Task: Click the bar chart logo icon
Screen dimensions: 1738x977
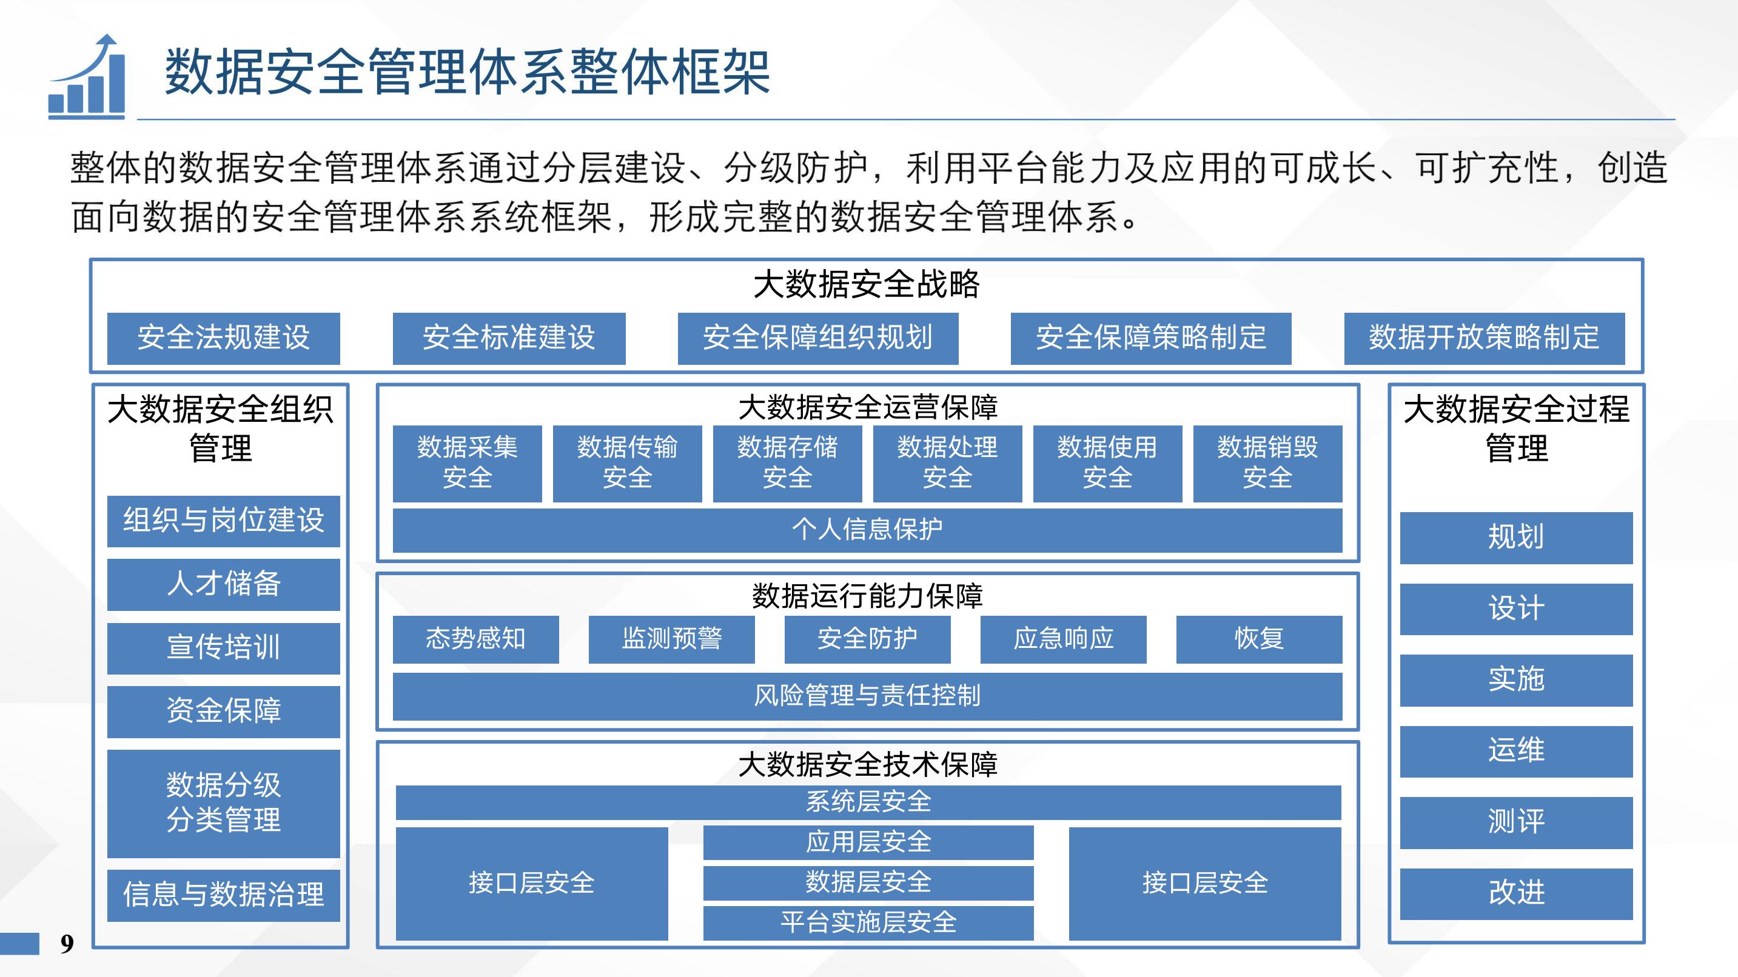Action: click(86, 76)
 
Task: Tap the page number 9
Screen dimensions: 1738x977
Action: click(67, 943)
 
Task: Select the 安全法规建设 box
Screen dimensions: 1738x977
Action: click(223, 338)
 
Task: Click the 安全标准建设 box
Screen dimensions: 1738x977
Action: click(509, 338)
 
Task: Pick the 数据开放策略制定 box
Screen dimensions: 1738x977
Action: click(1485, 338)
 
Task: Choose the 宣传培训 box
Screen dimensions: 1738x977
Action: click(223, 648)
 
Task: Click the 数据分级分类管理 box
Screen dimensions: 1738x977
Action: click(223, 804)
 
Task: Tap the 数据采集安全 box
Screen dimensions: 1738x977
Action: click(467, 464)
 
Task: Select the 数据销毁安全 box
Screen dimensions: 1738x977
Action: click(1268, 464)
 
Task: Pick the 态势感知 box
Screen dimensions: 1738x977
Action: click(475, 639)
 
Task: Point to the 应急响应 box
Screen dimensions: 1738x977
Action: click(1063, 639)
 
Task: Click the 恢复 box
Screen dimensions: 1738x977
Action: click(1259, 639)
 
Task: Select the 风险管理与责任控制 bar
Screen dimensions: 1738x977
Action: click(868, 696)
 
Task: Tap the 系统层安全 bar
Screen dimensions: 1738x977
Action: click(868, 802)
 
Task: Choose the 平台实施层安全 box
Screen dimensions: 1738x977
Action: click(868, 923)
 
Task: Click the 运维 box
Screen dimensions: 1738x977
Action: click(1516, 752)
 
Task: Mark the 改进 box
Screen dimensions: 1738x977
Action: click(1516, 894)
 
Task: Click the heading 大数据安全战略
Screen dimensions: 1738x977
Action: click(867, 284)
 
